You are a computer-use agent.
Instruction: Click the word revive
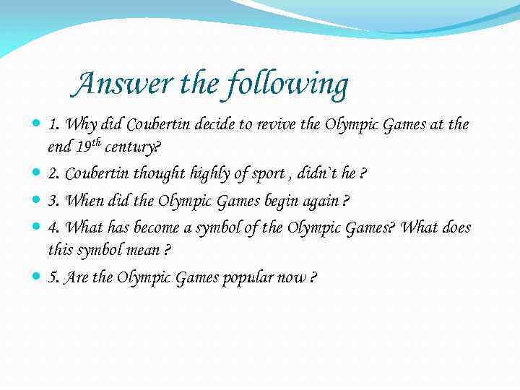(x=276, y=124)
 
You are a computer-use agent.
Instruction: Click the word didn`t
(x=316, y=173)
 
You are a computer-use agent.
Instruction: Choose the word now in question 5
(x=287, y=277)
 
